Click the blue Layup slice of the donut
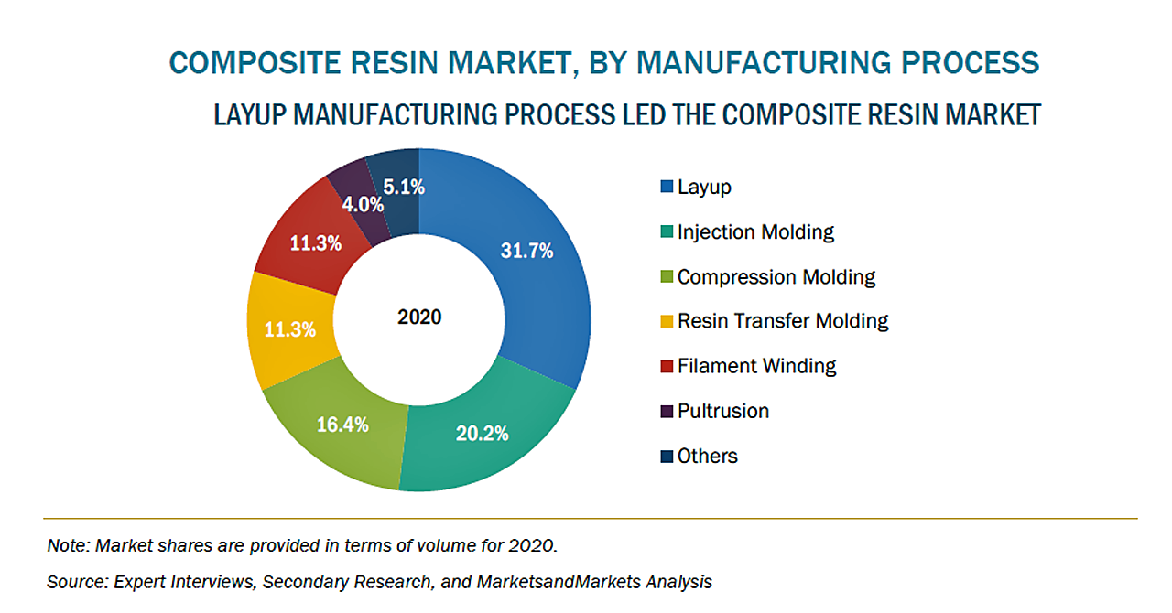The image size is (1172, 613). tap(531, 274)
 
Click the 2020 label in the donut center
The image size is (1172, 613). tap(419, 317)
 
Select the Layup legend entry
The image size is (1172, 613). tap(704, 188)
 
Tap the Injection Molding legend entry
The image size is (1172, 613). tap(755, 232)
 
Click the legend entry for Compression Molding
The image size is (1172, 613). tap(776, 277)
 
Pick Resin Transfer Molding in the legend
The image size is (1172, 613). tap(783, 321)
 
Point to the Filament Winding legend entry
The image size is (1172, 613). tap(756, 367)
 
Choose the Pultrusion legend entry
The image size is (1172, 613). tap(722, 412)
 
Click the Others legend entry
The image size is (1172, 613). tap(707, 456)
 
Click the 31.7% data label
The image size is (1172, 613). tap(526, 251)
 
